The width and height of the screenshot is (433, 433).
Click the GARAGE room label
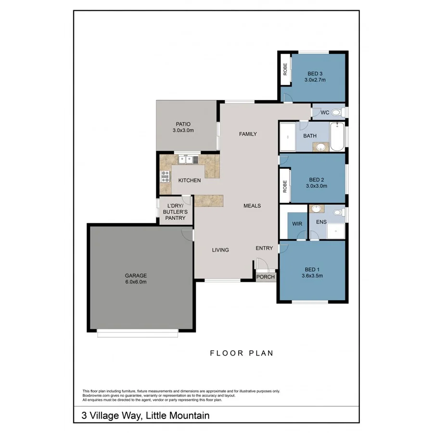coord(136,276)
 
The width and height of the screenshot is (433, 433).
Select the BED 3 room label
coord(315,74)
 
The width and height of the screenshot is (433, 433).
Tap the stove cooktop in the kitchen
coord(166,177)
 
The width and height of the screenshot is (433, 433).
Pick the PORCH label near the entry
coord(266,277)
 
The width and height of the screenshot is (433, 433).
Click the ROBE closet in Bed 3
coord(285,70)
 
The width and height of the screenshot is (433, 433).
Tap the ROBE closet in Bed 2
coord(285,185)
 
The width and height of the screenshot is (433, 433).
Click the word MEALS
coord(252,205)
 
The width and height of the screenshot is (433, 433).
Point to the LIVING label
coord(220,250)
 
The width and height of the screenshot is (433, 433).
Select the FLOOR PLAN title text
coord(242,353)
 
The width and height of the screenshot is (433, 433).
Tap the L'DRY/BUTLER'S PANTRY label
coord(176,212)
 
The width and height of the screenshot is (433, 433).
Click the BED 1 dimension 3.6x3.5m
coord(312,276)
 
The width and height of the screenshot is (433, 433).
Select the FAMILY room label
coord(248,134)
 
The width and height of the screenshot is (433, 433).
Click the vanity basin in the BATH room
coord(318,147)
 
